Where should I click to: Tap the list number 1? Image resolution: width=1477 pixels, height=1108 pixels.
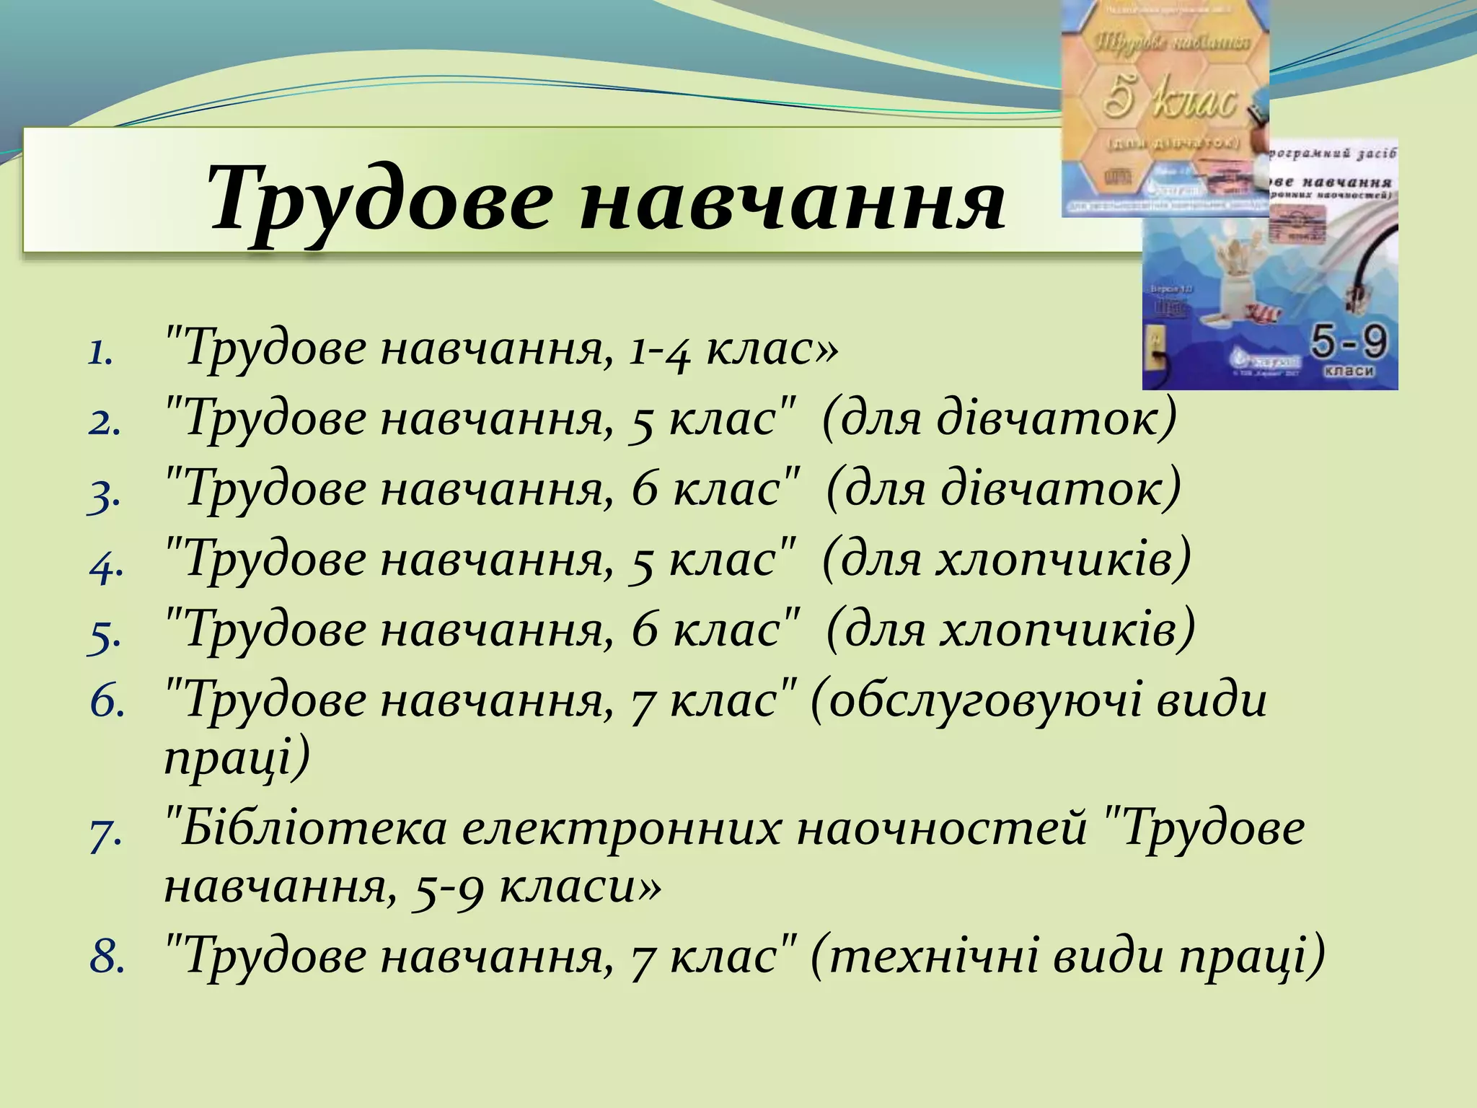coord(101,353)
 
